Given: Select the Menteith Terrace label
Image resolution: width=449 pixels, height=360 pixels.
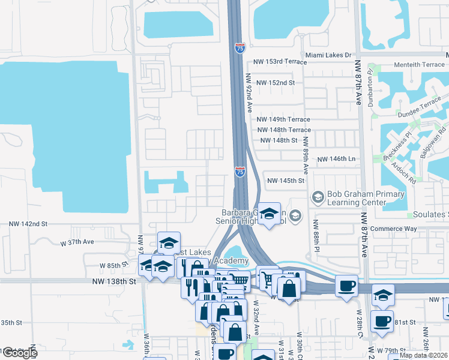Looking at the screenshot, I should [419, 65].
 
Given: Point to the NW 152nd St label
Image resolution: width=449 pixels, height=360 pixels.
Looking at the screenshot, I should [276, 83].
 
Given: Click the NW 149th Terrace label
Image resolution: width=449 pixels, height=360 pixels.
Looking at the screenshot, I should [284, 119].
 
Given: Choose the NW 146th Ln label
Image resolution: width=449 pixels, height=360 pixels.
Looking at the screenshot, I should [336, 159].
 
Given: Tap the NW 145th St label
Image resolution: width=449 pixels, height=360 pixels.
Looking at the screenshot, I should [286, 181].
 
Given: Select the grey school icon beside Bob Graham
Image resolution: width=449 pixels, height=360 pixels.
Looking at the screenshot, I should [317, 196].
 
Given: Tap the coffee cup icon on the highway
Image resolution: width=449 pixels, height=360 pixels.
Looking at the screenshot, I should [346, 287].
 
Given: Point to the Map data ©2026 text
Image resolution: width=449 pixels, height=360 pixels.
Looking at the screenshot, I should [423, 355].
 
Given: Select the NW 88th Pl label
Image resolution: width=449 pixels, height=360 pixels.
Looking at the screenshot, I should [315, 236].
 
